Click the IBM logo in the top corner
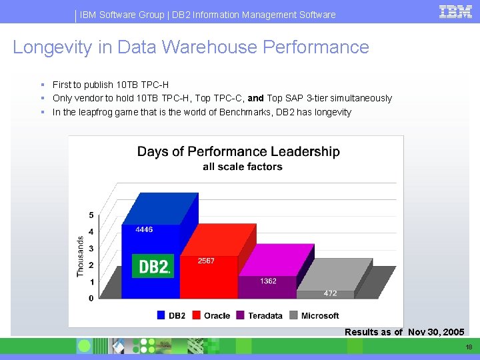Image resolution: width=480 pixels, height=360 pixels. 456,11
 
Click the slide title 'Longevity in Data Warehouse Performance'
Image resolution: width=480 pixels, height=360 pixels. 191,47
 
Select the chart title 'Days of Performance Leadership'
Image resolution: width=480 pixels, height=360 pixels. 238,151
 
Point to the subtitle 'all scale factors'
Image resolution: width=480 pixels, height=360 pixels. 242,167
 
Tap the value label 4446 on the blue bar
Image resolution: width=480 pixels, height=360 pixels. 144,229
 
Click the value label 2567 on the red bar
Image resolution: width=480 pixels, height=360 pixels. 206,261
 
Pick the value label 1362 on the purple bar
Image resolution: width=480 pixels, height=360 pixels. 268,281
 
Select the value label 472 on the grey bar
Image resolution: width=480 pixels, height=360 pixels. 330,293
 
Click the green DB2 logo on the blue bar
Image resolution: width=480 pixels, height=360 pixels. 153,266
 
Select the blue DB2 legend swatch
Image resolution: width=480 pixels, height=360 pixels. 161,315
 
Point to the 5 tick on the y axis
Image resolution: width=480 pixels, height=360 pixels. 91,215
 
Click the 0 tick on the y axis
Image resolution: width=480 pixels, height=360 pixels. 91,299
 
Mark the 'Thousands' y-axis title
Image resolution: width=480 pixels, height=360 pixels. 80,257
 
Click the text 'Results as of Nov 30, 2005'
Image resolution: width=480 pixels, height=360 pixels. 404,332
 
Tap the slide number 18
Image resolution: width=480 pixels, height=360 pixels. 469,347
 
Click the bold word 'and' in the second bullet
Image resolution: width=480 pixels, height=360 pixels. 255,98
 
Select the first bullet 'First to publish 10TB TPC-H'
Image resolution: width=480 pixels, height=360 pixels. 111,85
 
